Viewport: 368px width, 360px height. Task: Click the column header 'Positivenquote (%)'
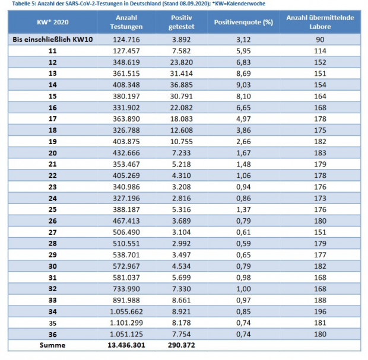click(243, 23)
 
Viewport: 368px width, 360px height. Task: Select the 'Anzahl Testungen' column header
click(126, 23)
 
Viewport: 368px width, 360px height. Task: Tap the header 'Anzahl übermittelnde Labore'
click(320, 23)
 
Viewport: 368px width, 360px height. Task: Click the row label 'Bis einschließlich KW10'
click(53, 39)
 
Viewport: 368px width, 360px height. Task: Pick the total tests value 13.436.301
click(126, 345)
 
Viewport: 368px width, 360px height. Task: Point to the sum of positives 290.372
click(182, 345)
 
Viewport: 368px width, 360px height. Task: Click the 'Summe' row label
click(53, 345)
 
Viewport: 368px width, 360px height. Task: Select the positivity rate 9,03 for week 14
click(243, 85)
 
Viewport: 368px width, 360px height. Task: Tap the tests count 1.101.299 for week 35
click(126, 323)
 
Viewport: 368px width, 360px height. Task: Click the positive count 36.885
click(182, 85)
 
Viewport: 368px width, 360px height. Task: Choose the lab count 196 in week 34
click(320, 311)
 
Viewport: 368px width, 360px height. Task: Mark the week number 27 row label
click(53, 232)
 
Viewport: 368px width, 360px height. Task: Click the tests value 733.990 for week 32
click(126, 289)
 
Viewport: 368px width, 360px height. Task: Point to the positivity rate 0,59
click(243, 243)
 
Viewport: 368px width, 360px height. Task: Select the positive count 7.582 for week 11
click(182, 50)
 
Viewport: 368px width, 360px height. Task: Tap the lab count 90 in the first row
click(320, 39)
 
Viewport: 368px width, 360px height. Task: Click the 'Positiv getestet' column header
click(182, 23)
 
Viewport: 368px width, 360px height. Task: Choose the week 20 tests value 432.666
click(126, 153)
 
